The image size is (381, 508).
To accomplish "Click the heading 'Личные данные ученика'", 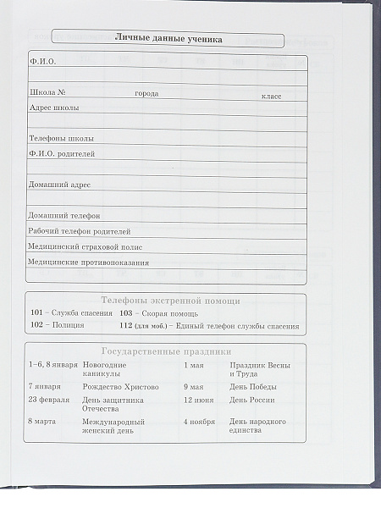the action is pos(168,37).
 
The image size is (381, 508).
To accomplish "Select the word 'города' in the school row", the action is pos(146,93).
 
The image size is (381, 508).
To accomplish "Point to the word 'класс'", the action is pos(271,97).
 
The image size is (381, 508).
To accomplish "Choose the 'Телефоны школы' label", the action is pos(61,137).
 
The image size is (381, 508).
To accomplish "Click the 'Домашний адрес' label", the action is pos(59,184).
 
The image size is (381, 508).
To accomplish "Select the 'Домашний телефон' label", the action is pos(63,215).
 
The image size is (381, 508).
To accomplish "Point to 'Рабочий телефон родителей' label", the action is pos(80,230).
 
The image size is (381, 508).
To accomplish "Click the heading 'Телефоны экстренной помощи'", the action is pos(170,301).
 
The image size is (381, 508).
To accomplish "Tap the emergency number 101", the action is pos(36,313).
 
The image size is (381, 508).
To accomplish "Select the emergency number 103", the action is pos(126,313).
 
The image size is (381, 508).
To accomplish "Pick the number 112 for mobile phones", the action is pos(126,326).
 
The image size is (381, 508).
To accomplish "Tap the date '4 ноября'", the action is pos(200,421).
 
